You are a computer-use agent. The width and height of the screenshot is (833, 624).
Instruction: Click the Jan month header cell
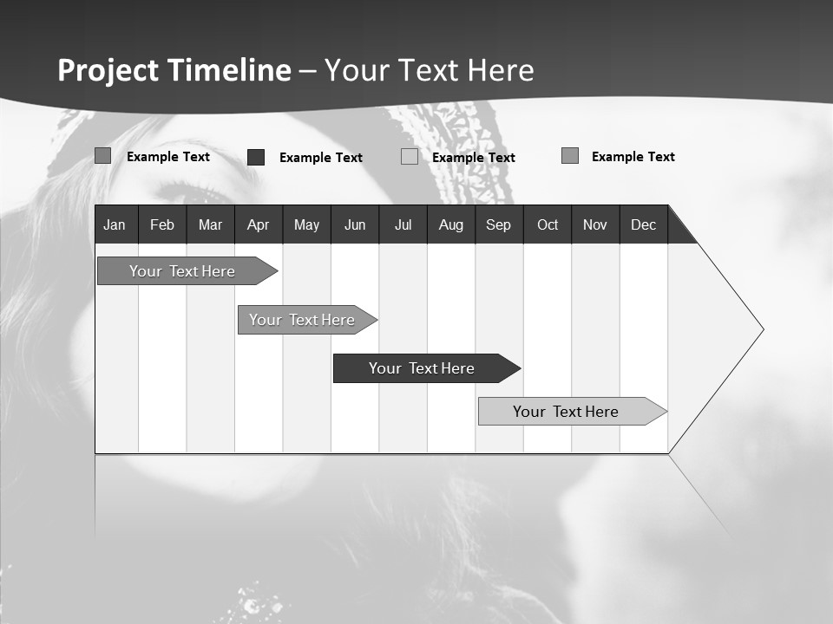[x=115, y=224]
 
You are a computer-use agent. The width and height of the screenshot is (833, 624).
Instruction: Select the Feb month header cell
[x=162, y=224]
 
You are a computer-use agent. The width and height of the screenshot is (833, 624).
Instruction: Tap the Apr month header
[x=259, y=224]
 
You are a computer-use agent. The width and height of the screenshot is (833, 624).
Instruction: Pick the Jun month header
[x=355, y=224]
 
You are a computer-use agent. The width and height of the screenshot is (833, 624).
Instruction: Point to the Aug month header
[x=451, y=224]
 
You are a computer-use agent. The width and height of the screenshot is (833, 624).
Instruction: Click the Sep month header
[x=499, y=224]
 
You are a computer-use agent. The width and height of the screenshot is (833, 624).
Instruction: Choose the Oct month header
[x=548, y=224]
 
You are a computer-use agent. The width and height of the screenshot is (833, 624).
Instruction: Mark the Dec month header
[x=644, y=224]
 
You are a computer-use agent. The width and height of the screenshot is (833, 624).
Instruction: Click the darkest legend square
[x=256, y=157]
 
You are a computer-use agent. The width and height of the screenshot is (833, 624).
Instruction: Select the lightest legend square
[x=410, y=157]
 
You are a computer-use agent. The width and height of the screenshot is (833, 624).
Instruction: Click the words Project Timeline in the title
[x=174, y=70]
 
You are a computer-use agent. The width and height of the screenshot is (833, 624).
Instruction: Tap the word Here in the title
[x=501, y=70]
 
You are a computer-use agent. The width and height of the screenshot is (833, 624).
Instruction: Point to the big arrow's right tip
[x=762, y=329]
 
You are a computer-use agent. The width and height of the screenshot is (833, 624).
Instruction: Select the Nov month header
[x=595, y=224]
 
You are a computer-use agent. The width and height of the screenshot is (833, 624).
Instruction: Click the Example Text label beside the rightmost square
[x=633, y=157]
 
